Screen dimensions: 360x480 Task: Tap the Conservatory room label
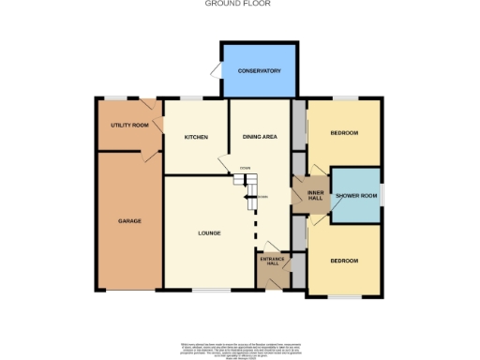pos(260,71)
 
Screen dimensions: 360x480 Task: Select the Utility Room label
pos(129,125)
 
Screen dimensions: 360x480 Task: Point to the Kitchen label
pos(195,137)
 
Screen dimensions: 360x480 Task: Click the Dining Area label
pos(260,137)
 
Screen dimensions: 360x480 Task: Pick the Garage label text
pos(129,221)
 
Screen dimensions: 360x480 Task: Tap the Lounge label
pos(208,232)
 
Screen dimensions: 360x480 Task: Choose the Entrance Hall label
pos(273,260)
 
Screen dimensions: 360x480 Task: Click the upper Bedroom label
pos(344,133)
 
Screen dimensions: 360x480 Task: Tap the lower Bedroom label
pos(344,260)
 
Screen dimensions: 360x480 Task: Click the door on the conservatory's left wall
pos(216,72)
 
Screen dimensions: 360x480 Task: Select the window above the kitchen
pos(194,97)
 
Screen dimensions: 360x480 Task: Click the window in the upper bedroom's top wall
pos(344,97)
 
